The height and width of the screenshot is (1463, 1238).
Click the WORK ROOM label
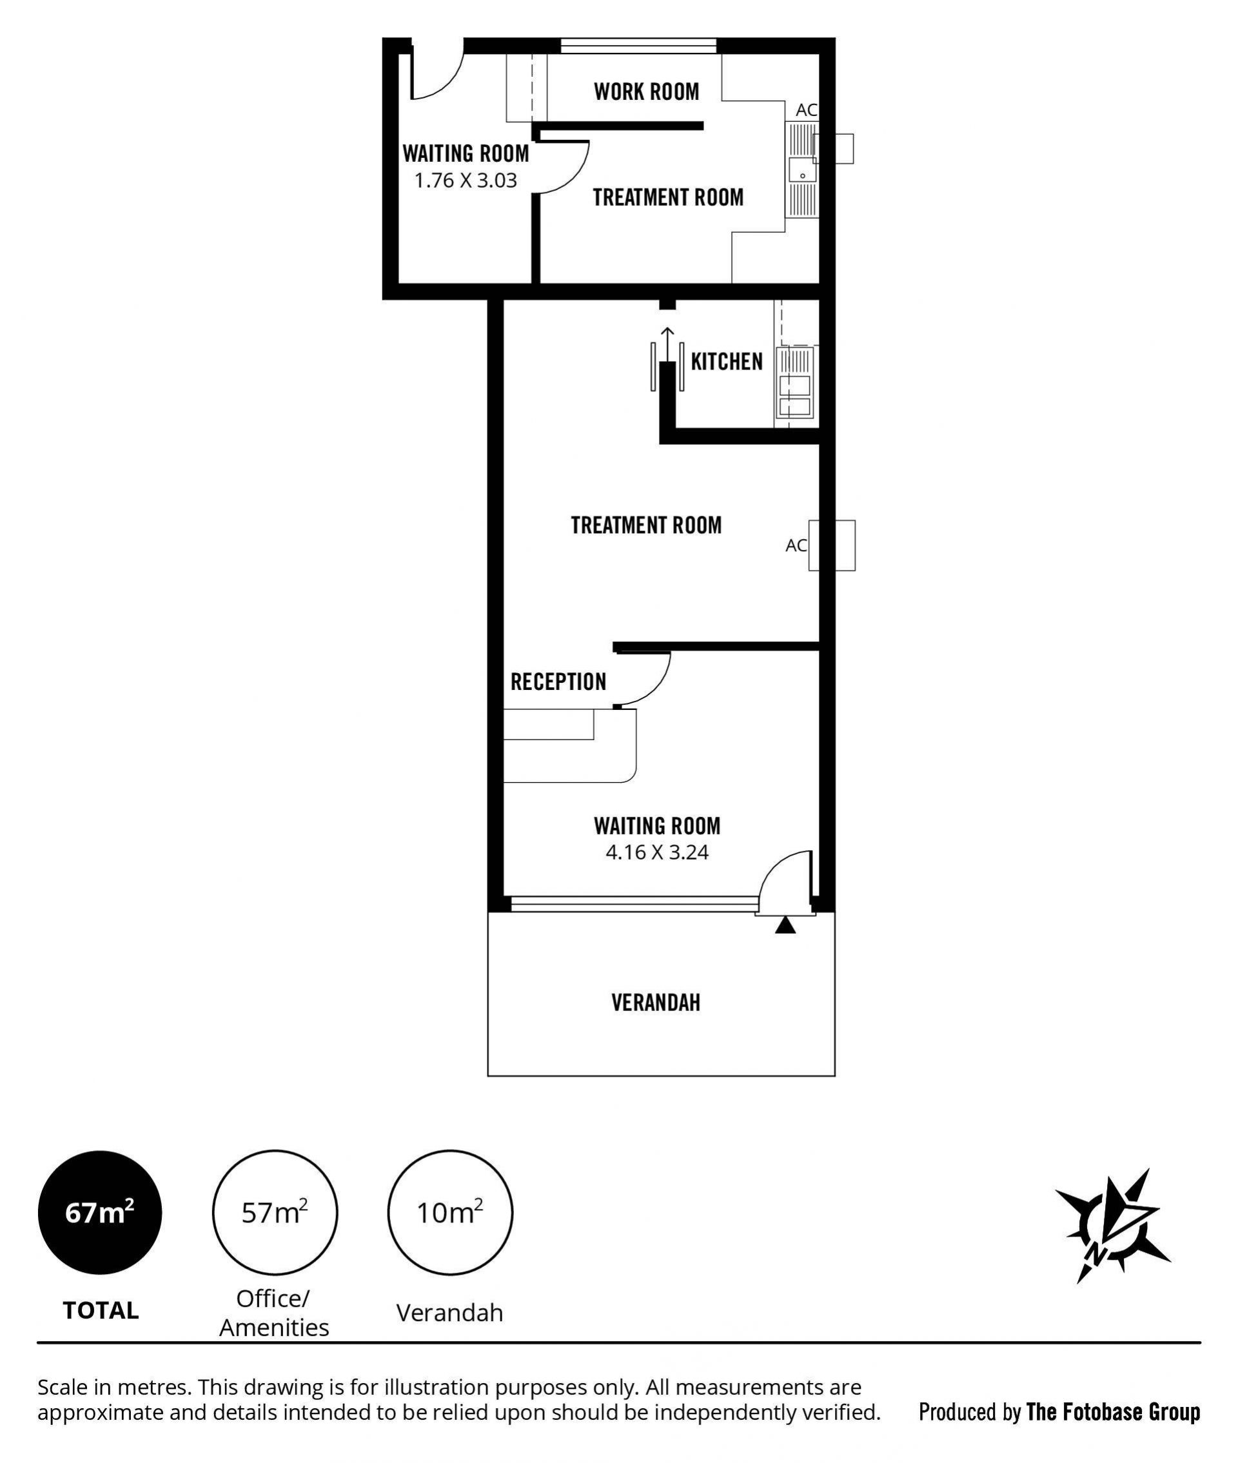[646, 92]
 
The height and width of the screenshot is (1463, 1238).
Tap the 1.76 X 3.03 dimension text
[466, 181]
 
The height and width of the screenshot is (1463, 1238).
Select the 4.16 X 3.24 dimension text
[657, 852]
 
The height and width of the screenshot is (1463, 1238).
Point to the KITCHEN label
[727, 362]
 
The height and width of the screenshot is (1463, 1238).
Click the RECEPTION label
[558, 682]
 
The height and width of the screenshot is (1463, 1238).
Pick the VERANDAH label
[656, 1003]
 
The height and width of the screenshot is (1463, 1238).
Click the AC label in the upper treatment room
[807, 110]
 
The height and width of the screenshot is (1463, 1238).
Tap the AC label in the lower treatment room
[796, 545]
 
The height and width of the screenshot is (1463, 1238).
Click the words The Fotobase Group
[1113, 1412]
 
